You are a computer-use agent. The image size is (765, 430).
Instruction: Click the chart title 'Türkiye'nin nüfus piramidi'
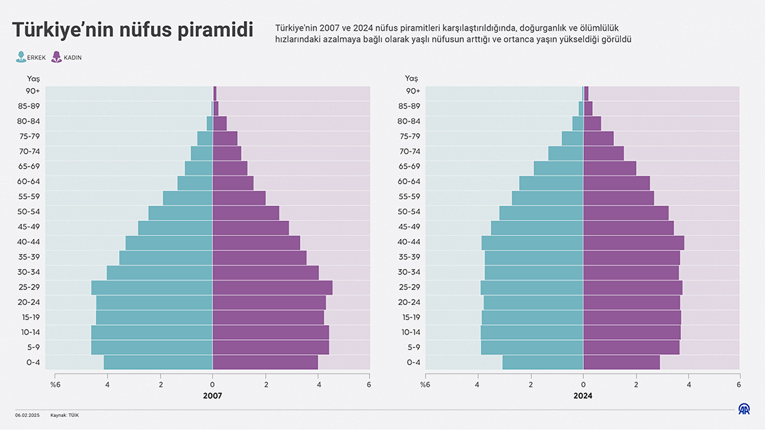(133, 31)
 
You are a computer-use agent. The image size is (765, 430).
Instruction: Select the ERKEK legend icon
(21, 57)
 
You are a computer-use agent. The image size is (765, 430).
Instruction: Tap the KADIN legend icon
(57, 57)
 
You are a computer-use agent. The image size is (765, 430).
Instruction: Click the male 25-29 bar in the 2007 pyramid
(152, 287)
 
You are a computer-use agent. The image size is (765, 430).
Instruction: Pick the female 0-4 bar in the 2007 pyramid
(265, 362)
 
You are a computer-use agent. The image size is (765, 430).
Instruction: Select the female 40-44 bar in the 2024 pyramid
(633, 242)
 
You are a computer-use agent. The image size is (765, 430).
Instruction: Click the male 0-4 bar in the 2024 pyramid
(542, 362)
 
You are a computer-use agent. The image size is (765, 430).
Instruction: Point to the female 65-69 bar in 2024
(609, 167)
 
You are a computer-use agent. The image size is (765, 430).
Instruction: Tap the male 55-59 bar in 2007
(188, 197)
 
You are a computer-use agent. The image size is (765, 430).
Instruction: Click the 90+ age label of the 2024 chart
(413, 91)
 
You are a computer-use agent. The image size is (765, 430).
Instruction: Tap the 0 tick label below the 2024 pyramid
(583, 384)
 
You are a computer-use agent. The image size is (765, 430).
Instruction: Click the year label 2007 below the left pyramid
(212, 395)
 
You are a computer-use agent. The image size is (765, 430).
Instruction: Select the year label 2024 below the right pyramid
(583, 395)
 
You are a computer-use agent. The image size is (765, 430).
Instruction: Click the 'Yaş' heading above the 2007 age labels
(33, 78)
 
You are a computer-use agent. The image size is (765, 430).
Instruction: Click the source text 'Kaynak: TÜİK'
(65, 415)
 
